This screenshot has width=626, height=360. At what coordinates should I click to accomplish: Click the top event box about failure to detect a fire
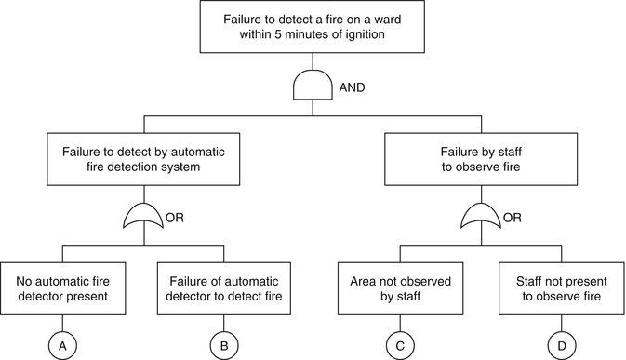click(313, 27)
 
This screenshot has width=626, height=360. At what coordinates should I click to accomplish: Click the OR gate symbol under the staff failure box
click(481, 220)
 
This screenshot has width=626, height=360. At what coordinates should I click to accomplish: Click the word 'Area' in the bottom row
click(366, 279)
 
